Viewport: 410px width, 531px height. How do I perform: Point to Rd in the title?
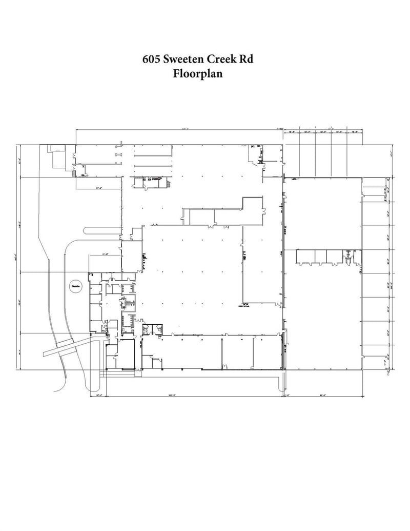(x=247, y=60)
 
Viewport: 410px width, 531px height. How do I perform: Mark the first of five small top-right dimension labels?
(x=291, y=132)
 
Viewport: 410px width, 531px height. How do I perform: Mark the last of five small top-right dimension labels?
(x=354, y=132)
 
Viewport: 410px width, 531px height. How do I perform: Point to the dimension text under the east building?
(x=323, y=395)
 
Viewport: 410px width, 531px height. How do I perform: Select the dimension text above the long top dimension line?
(x=178, y=128)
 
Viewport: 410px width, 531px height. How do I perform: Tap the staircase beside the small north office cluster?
(x=167, y=184)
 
